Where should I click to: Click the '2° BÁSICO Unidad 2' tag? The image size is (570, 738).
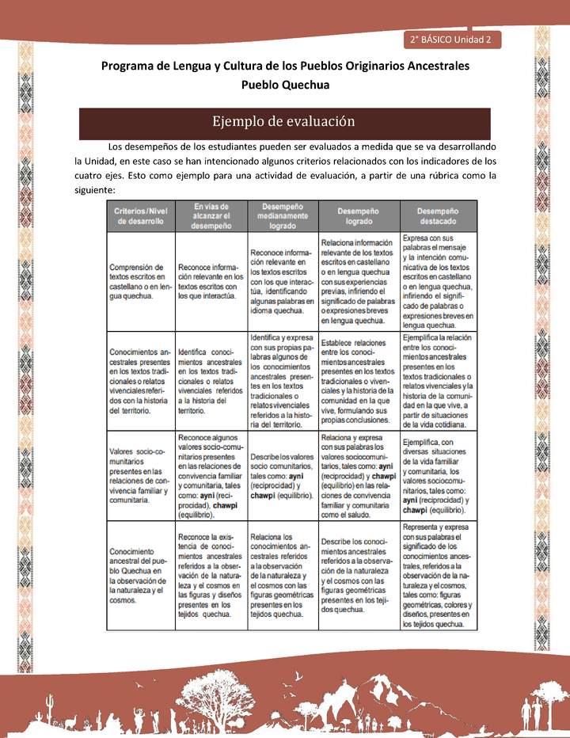451,39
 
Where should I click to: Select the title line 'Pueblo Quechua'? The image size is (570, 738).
285,85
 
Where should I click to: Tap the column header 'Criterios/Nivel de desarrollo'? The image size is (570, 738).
140,216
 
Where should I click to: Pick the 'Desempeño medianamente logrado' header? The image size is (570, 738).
283,216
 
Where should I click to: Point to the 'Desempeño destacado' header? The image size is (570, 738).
437,216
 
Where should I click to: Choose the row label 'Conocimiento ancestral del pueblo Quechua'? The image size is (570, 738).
139,575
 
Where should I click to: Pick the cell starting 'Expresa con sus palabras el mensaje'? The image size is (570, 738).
438,281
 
